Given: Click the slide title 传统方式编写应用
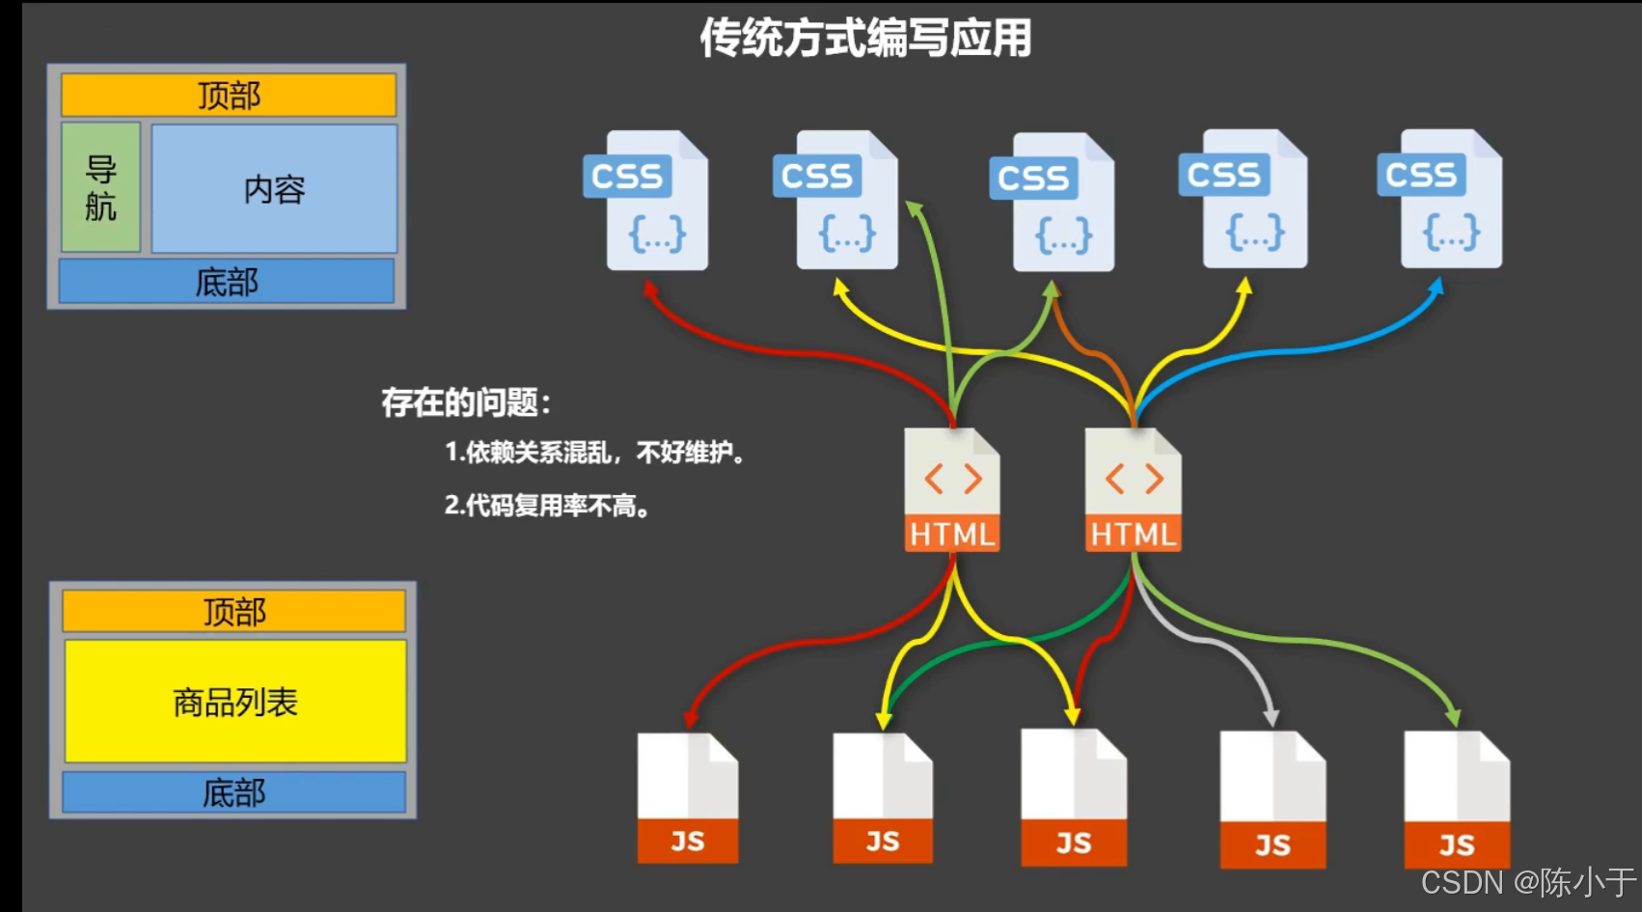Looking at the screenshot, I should coord(865,39).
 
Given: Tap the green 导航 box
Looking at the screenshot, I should coord(101,187).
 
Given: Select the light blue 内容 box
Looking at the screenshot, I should coord(274,189).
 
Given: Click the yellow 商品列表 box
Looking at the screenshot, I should coord(235,702).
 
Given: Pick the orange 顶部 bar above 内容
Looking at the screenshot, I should coord(229,96).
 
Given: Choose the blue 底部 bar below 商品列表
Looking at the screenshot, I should coord(234,792).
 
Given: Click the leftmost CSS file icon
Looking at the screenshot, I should coord(646,200).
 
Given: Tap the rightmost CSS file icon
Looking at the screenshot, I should coord(1439,199).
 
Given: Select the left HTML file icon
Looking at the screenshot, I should coord(952,489).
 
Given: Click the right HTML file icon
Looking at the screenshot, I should coord(1133,489).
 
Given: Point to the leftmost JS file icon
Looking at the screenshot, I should coord(688,797).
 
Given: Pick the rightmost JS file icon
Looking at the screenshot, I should coord(1457,799).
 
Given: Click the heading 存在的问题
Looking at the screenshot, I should coord(466,402).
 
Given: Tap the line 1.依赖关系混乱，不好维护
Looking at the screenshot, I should coord(594,452).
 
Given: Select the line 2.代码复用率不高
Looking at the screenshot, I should coord(547,505).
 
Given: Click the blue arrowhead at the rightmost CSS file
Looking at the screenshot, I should coord(1437,287).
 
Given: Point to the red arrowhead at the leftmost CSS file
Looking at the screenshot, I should coord(650,288).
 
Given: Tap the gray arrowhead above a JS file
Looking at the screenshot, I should coord(1272,717).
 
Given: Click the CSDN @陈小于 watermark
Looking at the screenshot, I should coord(1527,882).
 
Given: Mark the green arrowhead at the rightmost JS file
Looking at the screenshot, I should coord(1453,717).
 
